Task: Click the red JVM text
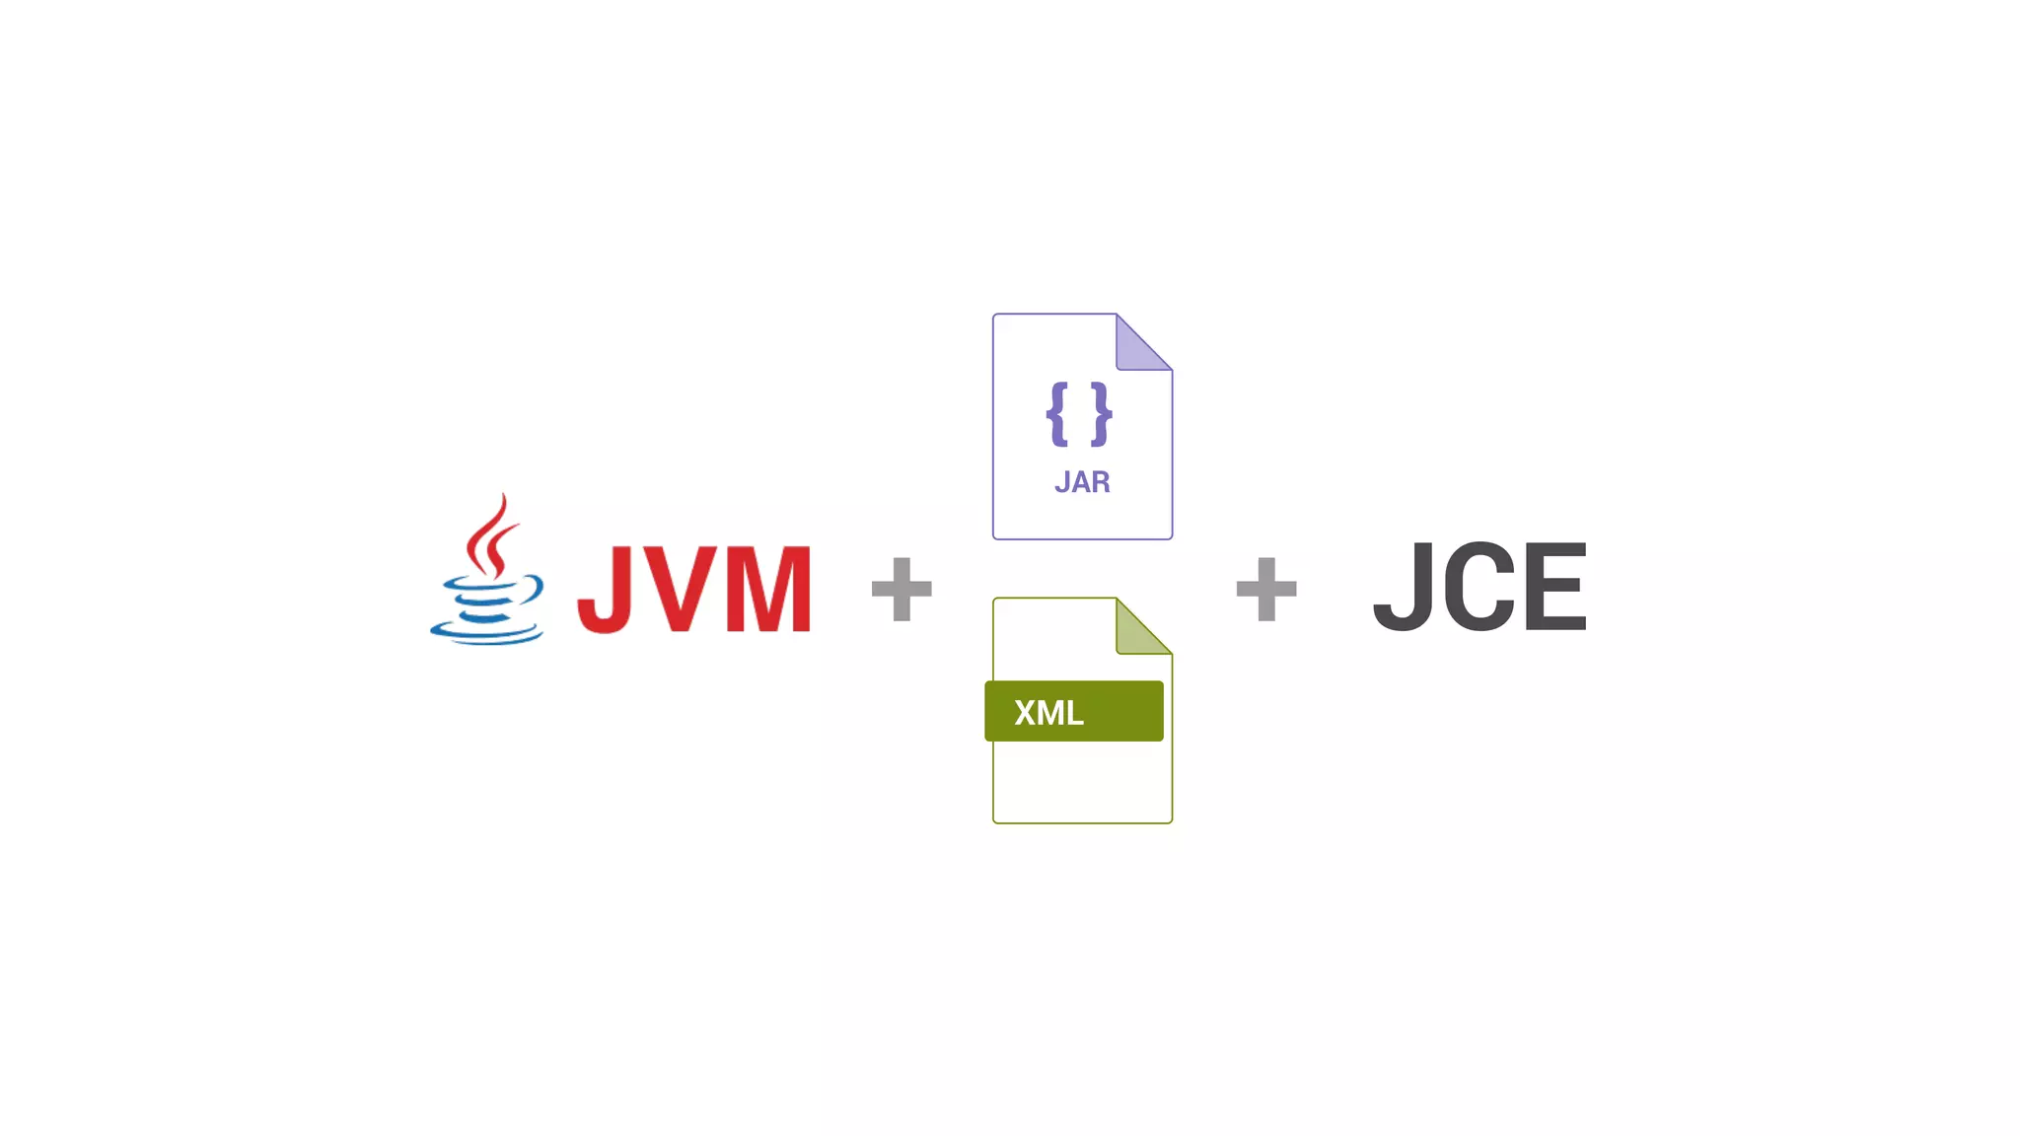pyautogui.click(x=694, y=589)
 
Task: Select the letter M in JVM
pyautogui.click(x=768, y=589)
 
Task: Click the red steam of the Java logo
pyautogui.click(x=490, y=537)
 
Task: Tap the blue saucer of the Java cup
pyautogui.click(x=485, y=631)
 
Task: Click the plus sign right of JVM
pyautogui.click(x=902, y=590)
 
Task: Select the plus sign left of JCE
pyautogui.click(x=1266, y=590)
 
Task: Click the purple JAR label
pyautogui.click(x=1082, y=482)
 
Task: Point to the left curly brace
pyautogui.click(x=1057, y=414)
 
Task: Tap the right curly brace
pyautogui.click(x=1102, y=414)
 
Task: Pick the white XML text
pyautogui.click(x=1048, y=712)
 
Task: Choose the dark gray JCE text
pyautogui.click(x=1479, y=587)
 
